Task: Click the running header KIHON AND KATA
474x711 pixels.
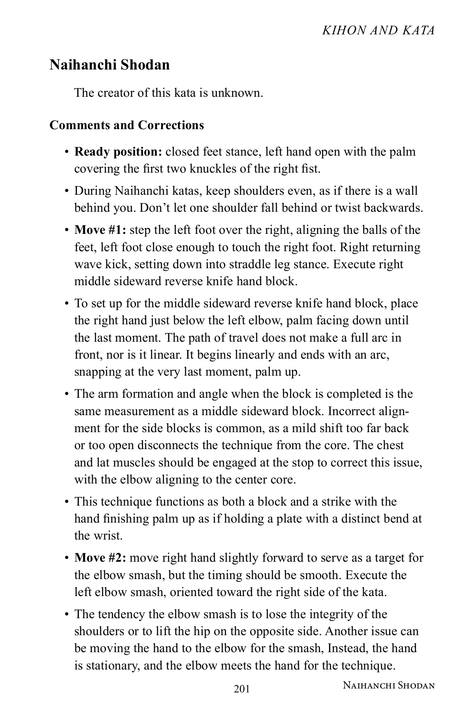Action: tap(378, 30)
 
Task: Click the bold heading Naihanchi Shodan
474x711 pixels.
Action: tap(109, 65)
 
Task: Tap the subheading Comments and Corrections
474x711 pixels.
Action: tap(127, 125)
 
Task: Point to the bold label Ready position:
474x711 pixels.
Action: tap(118, 152)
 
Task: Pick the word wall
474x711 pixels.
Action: tap(406, 191)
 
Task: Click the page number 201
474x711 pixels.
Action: tap(242, 689)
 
